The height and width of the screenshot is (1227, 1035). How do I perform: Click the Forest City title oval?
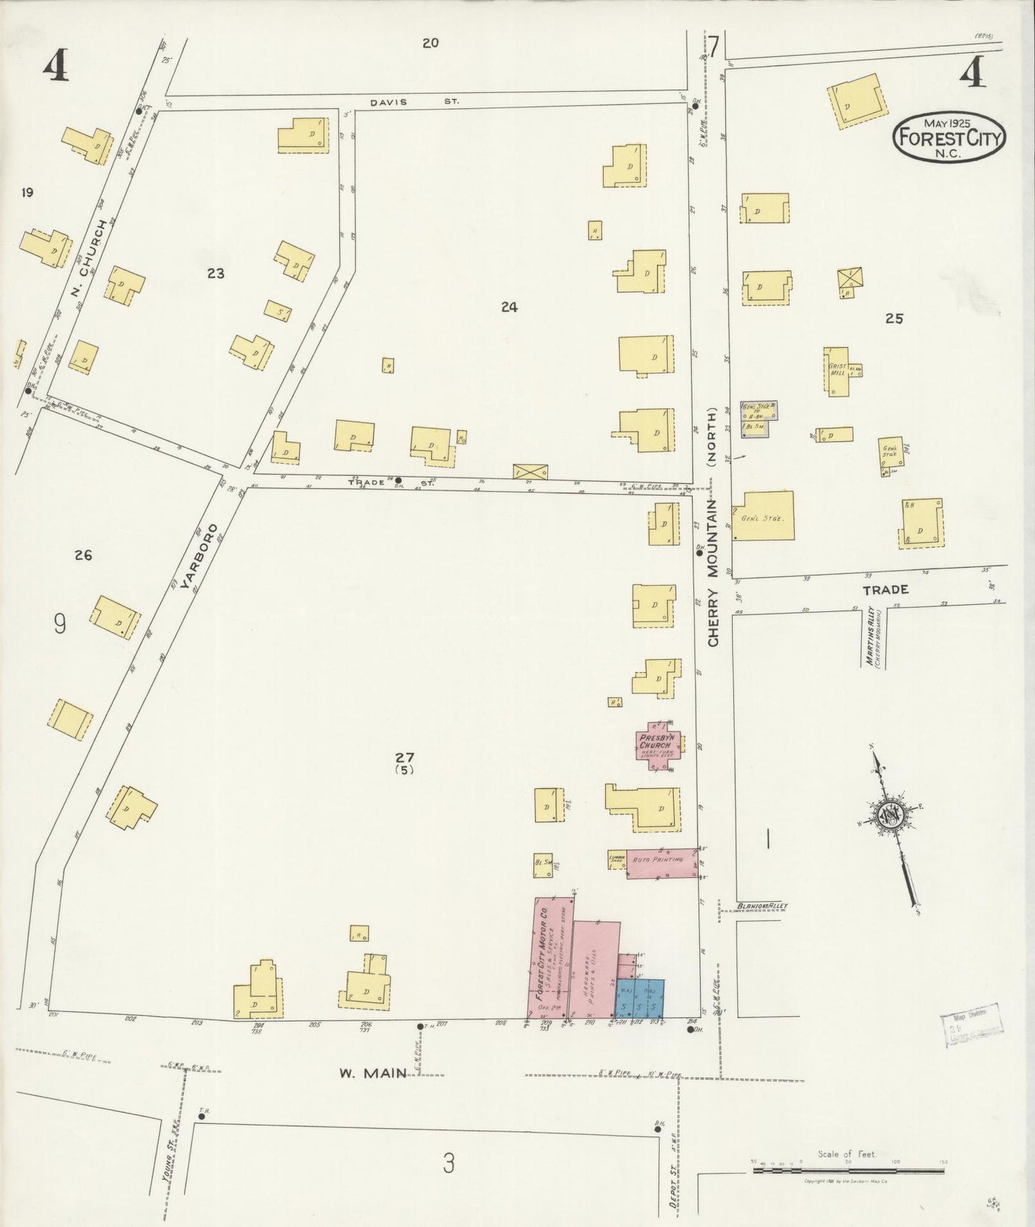[x=949, y=136]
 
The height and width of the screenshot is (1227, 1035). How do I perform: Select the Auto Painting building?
[x=662, y=863]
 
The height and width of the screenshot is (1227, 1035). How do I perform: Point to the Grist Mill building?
[x=838, y=371]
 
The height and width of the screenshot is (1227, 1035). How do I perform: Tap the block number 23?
[x=216, y=273]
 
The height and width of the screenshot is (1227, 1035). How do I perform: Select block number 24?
[x=509, y=307]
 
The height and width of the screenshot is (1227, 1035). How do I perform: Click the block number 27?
[x=405, y=757]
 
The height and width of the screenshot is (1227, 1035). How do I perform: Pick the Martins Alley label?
[x=872, y=637]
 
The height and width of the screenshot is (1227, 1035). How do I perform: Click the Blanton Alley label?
[x=762, y=906]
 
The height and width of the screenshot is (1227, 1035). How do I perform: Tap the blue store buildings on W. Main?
[x=640, y=999]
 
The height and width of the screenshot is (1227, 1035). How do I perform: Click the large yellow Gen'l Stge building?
[x=763, y=515]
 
